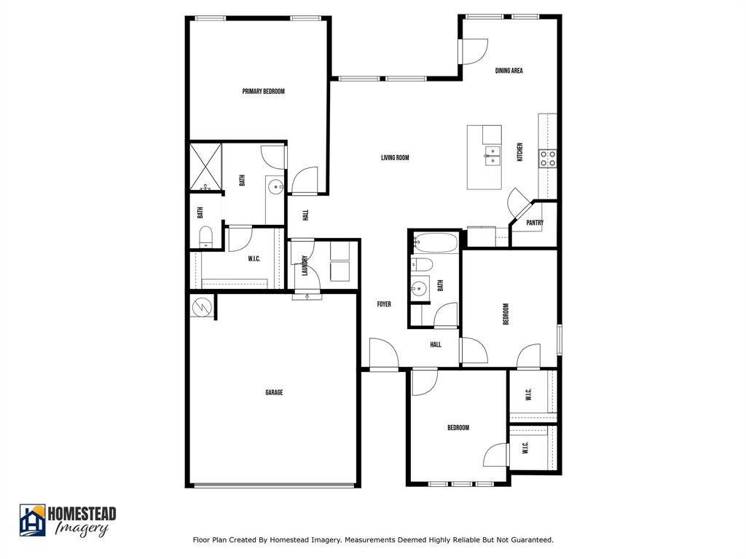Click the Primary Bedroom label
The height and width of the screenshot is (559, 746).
[263, 92]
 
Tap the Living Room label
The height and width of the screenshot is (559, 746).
[395, 158]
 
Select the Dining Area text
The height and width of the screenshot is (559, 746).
[509, 71]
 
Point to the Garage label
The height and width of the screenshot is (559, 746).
[274, 393]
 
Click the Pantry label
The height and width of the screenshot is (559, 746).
[535, 223]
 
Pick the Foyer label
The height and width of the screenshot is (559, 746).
[384, 304]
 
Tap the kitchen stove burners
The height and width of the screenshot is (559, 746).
[548, 159]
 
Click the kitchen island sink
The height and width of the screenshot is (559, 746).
[492, 156]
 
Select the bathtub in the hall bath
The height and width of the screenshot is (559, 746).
[435, 242]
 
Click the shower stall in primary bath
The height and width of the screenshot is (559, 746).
[205, 167]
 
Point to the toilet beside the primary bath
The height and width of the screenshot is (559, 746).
[205, 237]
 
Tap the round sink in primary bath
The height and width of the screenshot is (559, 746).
[275, 188]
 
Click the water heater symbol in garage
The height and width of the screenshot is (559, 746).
[202, 307]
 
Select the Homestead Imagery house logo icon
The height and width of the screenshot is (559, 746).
[32, 520]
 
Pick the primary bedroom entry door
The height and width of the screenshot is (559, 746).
[305, 181]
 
